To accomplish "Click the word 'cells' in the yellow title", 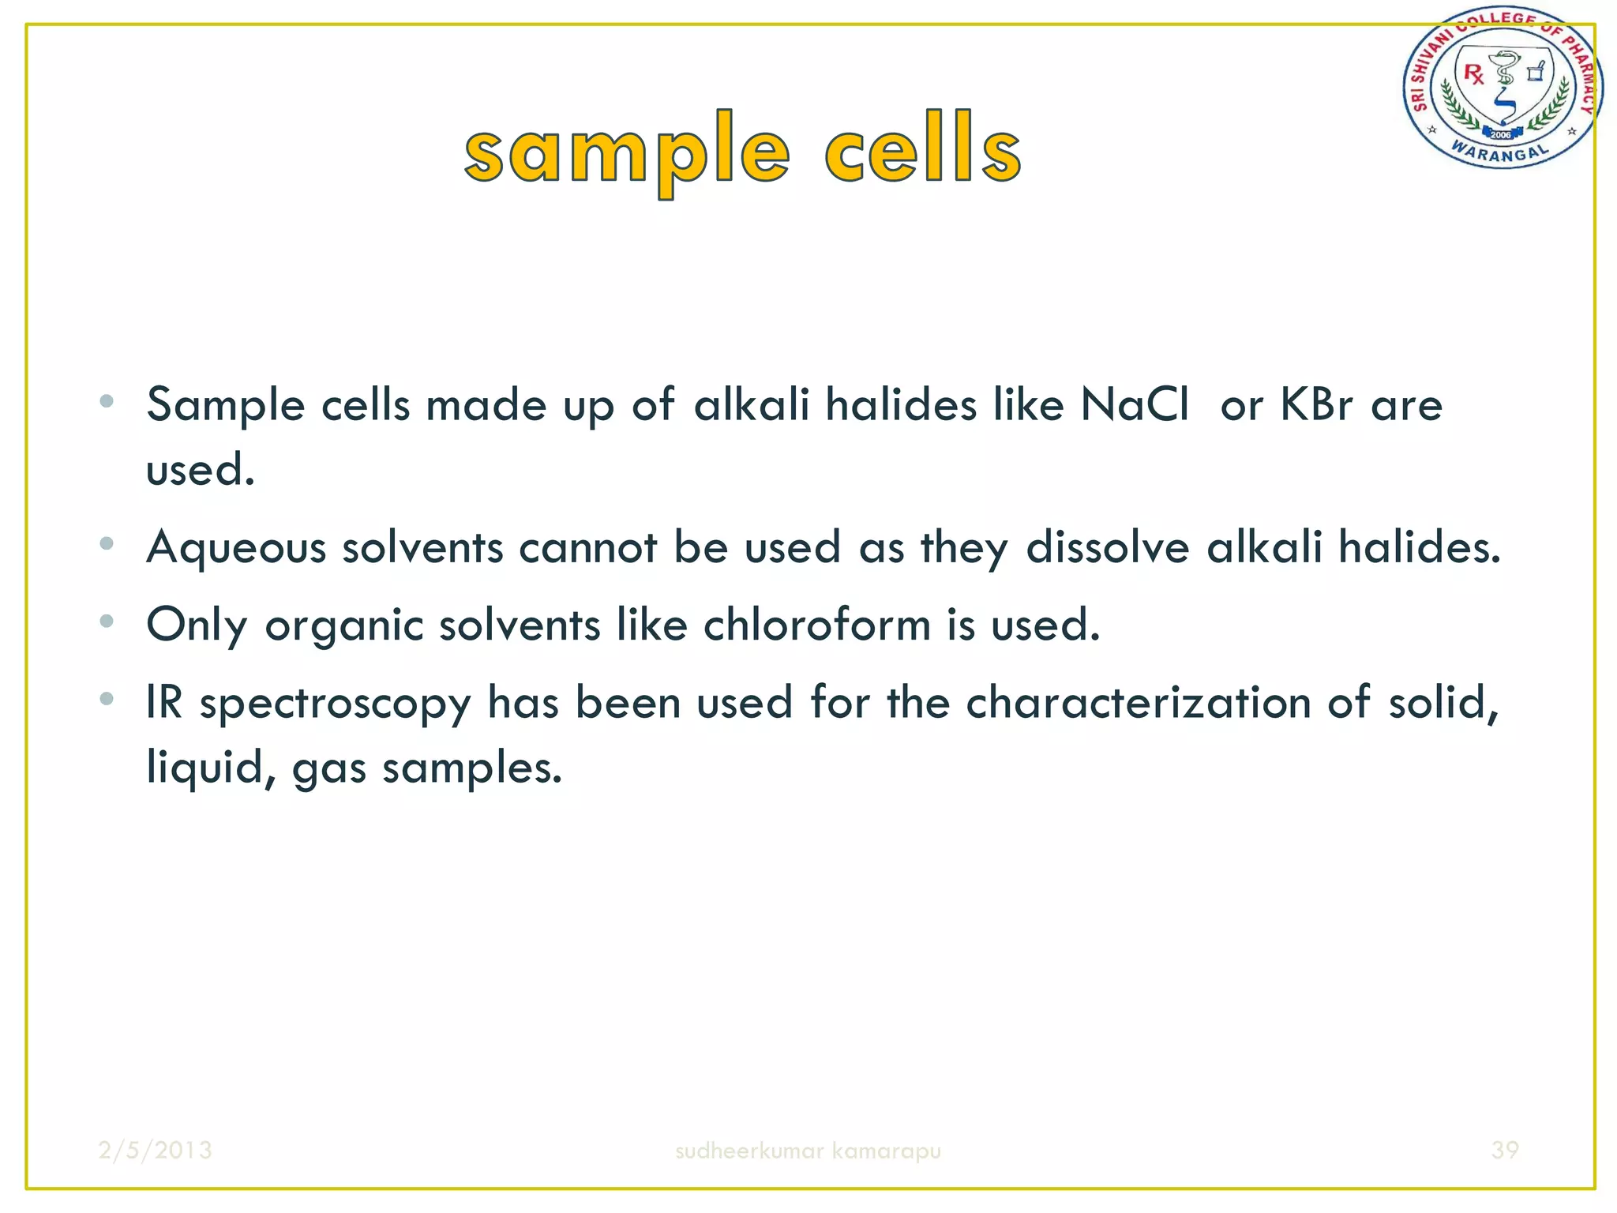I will coord(922,150).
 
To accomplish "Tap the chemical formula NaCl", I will coord(1134,405).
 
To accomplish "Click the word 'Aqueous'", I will coord(236,547).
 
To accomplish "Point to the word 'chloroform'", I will coord(816,625).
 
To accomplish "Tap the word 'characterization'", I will coord(1138,702).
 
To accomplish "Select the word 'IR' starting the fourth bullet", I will coord(164,702).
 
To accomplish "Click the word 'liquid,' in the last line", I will coord(211,768).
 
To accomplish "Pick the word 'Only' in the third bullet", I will coord(197,625).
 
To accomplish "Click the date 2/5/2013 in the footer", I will coord(156,1150).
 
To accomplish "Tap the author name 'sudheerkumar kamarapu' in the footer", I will coord(808,1151).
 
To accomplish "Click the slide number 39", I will coord(1504,1150).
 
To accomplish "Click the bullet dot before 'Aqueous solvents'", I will coord(107,544).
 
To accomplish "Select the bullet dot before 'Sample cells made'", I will coord(107,402).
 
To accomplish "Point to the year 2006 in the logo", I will coord(1500,134).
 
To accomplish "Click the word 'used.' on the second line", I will coord(201,471).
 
